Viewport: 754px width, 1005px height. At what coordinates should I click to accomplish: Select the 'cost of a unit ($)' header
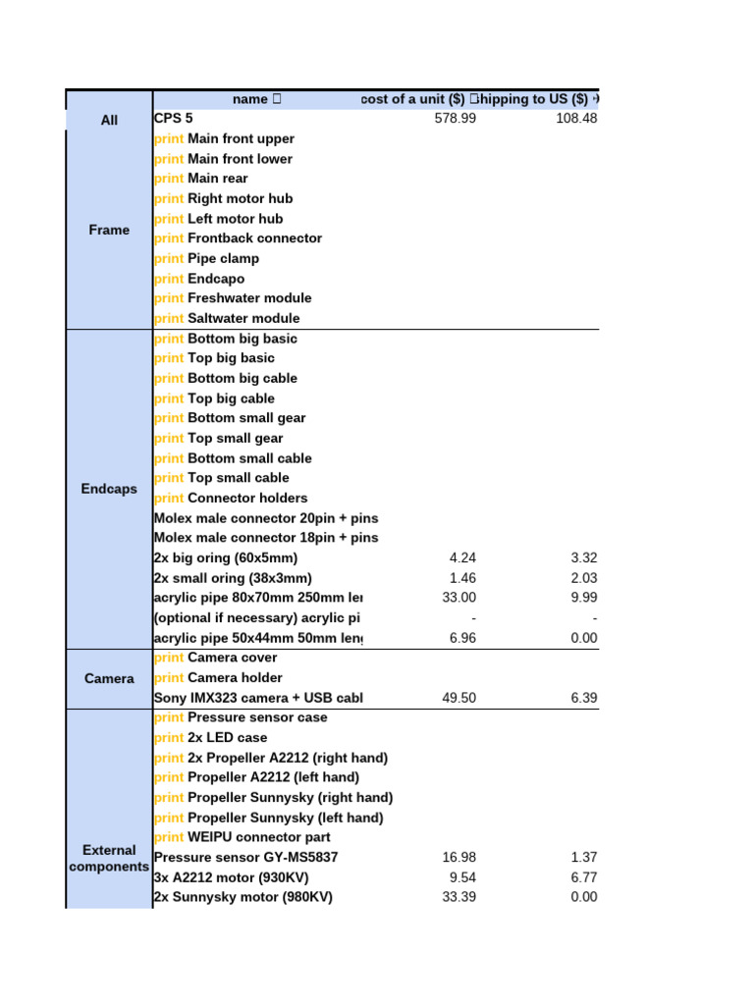click(x=413, y=99)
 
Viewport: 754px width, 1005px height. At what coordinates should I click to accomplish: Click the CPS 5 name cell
click(x=174, y=119)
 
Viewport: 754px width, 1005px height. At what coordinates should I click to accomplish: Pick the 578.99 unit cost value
click(x=456, y=119)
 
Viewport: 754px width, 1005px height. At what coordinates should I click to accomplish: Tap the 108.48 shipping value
click(x=576, y=119)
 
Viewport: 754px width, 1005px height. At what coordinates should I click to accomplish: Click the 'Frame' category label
click(x=109, y=230)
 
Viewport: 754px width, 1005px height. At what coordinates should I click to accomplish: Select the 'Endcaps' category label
click(x=109, y=489)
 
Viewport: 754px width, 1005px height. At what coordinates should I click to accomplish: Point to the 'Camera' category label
click(x=109, y=678)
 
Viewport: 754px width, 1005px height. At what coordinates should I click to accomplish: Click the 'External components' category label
click(x=109, y=858)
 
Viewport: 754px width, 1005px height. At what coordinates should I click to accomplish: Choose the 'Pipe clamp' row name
click(x=223, y=258)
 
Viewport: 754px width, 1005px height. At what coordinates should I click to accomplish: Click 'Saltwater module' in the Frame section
click(x=242, y=318)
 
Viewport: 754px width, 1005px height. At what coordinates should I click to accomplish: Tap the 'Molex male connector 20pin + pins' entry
click(x=265, y=518)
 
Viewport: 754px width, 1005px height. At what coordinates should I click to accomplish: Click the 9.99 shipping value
click(x=583, y=598)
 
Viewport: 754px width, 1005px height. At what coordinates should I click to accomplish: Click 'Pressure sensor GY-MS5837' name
click(x=245, y=857)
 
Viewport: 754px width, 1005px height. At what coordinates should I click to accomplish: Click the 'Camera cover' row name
click(x=232, y=658)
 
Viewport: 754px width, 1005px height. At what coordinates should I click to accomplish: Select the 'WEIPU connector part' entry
click(x=258, y=837)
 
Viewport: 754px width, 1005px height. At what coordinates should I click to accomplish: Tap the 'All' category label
click(x=109, y=120)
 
